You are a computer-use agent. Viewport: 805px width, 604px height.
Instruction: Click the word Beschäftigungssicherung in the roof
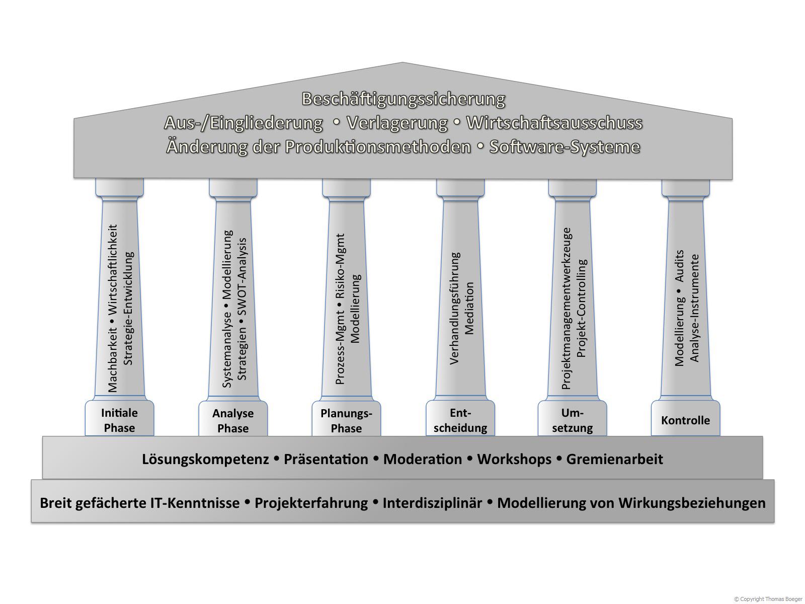403,99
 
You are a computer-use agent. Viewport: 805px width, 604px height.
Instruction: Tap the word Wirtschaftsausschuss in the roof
554,123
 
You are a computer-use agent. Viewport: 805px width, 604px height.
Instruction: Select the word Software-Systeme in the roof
565,147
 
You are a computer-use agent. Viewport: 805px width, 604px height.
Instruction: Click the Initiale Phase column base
119,418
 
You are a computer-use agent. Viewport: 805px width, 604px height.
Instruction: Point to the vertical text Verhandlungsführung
455,308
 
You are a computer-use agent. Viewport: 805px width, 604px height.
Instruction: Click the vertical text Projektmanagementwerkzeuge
567,309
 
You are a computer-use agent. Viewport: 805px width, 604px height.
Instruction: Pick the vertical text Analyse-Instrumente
695,308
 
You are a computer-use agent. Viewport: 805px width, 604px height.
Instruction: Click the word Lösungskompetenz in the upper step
205,460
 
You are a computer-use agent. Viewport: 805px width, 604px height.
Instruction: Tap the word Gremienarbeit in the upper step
615,459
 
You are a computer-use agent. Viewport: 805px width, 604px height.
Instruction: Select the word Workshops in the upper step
514,460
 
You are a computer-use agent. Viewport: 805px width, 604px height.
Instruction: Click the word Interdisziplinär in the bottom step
433,503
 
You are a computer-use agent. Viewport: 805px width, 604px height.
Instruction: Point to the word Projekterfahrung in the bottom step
311,503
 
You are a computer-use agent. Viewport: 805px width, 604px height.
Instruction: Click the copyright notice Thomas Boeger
768,599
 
